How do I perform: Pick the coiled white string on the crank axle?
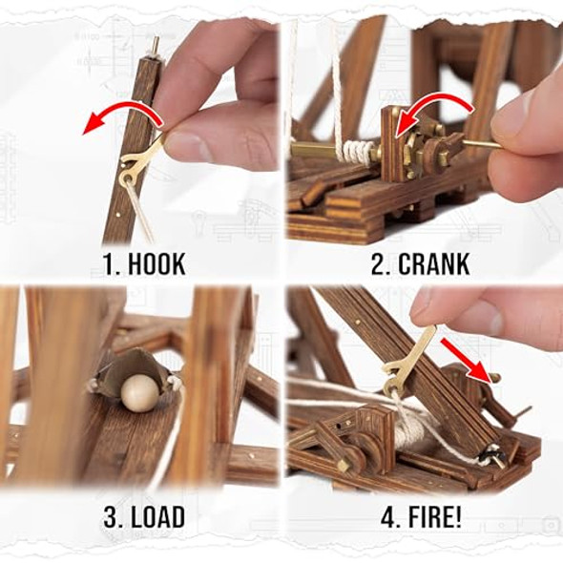pyautogui.click(x=359, y=152)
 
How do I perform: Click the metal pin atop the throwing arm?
pyautogui.click(x=154, y=45)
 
